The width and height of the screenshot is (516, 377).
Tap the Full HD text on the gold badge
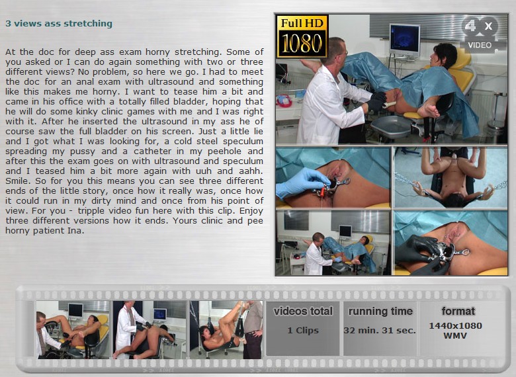302,23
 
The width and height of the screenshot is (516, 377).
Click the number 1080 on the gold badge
302,43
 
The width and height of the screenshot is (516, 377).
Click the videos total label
303,312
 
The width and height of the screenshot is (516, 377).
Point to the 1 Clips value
303,330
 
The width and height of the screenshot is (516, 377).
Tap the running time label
380,312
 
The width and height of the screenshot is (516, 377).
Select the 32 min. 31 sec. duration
380,330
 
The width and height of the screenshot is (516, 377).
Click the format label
458,312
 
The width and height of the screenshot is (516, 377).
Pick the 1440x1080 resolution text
455,325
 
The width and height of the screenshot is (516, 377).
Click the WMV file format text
455,336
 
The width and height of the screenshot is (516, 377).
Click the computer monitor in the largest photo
404,40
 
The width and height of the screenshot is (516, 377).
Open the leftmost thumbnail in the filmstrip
73,329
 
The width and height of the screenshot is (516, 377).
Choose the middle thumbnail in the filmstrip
150,329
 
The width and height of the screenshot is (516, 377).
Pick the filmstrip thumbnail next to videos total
226,329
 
